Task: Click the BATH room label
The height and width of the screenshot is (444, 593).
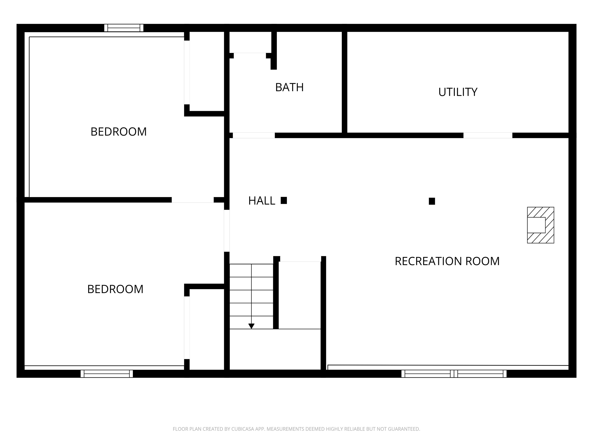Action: (x=289, y=87)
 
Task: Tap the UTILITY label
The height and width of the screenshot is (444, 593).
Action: (x=458, y=92)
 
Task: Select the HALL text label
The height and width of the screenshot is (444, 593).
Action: (x=262, y=201)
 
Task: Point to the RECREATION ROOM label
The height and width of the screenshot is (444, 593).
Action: (x=447, y=261)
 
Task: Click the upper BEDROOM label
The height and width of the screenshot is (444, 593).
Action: (x=119, y=132)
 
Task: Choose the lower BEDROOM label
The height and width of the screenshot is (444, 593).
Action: (x=115, y=289)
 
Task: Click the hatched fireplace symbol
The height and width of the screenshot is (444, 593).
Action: (x=540, y=225)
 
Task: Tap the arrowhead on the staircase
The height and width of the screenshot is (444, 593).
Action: (x=251, y=326)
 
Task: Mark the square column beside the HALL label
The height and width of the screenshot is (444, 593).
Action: (x=284, y=200)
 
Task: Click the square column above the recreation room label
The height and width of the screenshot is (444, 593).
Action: (x=432, y=201)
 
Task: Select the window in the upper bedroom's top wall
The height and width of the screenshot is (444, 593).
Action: (x=124, y=28)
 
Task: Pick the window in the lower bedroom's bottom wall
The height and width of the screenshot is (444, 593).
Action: (x=107, y=374)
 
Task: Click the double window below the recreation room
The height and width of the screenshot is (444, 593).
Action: (x=454, y=374)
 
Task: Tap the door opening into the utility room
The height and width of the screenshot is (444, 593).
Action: (x=488, y=135)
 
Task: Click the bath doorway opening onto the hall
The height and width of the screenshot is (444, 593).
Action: (x=254, y=135)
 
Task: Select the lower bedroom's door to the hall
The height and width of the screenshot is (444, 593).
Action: (x=227, y=231)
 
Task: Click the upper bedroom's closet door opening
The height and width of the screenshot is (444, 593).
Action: (x=187, y=72)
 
